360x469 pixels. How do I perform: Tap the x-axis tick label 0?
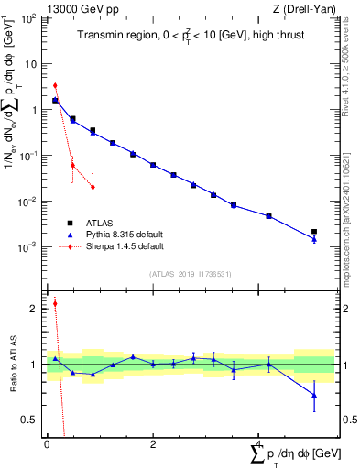click(47, 444)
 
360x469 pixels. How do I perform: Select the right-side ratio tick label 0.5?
click(348, 420)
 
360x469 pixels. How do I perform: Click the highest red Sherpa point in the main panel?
click(55, 85)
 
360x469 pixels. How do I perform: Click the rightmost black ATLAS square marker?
click(314, 232)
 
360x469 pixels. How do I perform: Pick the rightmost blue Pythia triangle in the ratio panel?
click(314, 395)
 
